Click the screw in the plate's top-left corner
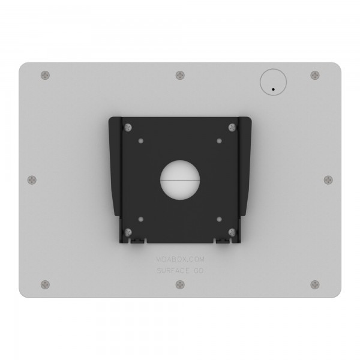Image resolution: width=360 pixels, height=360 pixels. (46, 75)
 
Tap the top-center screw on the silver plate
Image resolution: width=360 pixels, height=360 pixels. (180, 75)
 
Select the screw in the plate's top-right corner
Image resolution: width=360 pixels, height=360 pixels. (314, 75)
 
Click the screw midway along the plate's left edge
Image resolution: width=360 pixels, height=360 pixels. (32, 179)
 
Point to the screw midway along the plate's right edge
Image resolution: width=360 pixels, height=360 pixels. (328, 179)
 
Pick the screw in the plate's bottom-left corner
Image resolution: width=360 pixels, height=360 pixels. (46, 284)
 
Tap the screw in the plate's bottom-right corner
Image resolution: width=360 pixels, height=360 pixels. (314, 284)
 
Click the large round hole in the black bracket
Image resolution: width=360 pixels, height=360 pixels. (180, 179)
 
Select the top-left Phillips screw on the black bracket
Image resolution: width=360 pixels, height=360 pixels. (127, 127)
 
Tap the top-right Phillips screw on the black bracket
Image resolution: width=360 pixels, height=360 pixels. (232, 127)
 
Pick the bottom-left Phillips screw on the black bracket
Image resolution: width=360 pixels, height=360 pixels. (127, 231)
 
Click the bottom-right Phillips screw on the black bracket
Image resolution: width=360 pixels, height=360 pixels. (232, 231)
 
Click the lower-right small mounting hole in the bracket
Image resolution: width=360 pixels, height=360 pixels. (219, 218)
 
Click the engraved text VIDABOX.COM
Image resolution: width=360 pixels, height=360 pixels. (179, 260)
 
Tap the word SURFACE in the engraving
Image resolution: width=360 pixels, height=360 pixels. (171, 271)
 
